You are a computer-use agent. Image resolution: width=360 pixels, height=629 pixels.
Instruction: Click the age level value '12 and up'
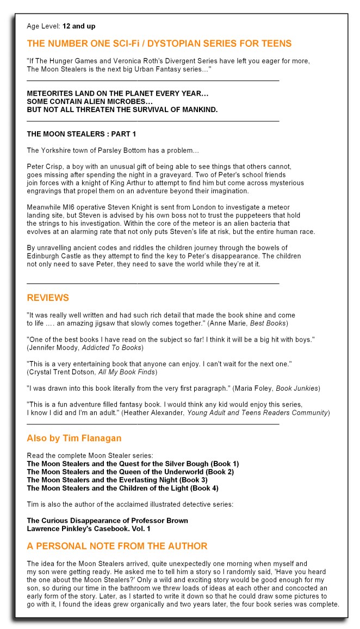[79, 26]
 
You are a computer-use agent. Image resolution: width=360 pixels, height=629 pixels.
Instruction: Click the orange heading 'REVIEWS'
[48, 298]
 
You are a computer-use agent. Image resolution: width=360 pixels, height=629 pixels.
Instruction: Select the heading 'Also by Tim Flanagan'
[74, 438]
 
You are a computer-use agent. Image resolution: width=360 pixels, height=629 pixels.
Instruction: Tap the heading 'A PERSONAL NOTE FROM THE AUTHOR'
[117, 546]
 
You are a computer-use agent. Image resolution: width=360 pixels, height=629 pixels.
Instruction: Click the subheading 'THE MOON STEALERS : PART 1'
[81, 133]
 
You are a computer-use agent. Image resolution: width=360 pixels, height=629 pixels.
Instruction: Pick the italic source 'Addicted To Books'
[111, 347]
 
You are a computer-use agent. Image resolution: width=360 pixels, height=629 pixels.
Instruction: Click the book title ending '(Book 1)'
[133, 464]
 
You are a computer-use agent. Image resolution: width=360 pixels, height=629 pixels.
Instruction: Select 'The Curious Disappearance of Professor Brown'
[107, 520]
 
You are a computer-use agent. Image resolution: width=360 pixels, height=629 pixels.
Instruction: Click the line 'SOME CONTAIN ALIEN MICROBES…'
[90, 102]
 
